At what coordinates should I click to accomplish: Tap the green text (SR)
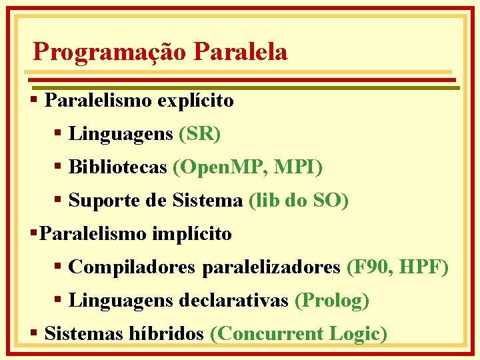200,134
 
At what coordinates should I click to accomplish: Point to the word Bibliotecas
118,167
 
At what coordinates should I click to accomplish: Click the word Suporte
102,200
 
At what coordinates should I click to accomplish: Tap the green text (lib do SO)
298,200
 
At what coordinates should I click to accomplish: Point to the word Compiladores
131,267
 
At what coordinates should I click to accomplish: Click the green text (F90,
370,267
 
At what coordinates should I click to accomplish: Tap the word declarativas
235,301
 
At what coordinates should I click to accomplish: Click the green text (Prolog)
332,301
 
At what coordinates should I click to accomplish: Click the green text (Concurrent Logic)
298,333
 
